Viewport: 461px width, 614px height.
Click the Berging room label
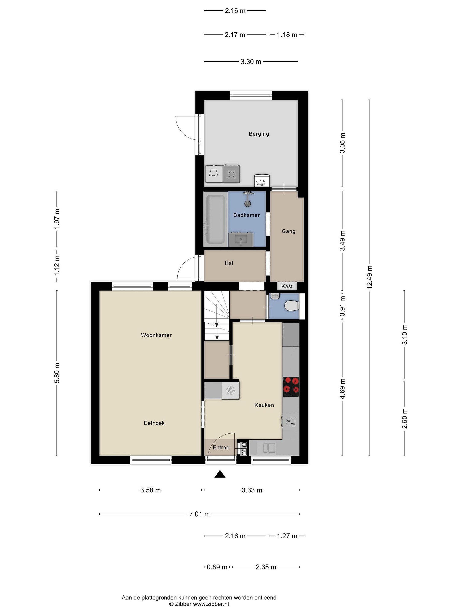[259, 134]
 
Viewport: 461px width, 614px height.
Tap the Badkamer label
[247, 215]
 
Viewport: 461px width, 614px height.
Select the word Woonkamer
[156, 335]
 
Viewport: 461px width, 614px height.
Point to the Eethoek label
[154, 423]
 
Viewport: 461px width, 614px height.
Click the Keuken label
[264, 405]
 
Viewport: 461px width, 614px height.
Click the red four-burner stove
[291, 387]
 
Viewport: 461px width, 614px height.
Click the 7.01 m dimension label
[200, 514]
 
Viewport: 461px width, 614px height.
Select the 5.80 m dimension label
[57, 373]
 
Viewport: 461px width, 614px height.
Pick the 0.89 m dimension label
[217, 567]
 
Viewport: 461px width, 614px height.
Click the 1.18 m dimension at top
[287, 35]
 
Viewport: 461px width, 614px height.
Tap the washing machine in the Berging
[231, 174]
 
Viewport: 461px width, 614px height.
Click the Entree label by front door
[221, 447]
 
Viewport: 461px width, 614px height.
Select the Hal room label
[229, 263]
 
